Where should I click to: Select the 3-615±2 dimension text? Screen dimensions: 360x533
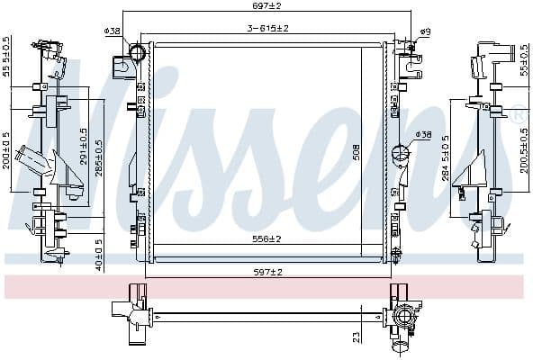(267, 29)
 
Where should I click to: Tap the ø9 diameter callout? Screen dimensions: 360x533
(425, 32)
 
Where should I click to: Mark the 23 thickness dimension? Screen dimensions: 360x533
(357, 336)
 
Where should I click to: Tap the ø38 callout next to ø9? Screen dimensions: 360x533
(113, 31)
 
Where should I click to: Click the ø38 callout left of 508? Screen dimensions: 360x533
(422, 135)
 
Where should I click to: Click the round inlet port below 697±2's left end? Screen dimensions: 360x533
(138, 54)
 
